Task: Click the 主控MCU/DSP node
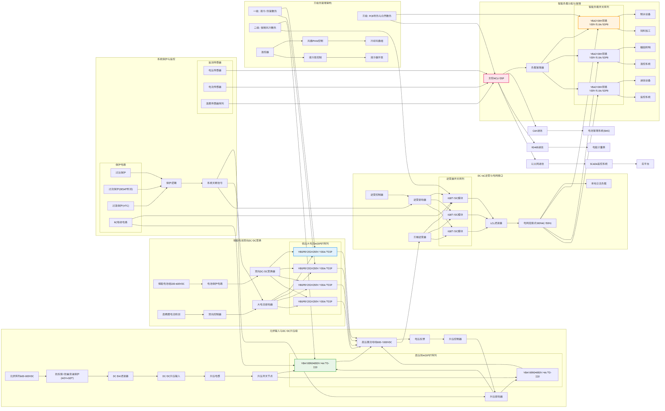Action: (x=496, y=78)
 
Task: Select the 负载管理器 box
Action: (x=537, y=68)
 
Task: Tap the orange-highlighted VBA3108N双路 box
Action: (x=598, y=22)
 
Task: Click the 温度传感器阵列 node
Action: (x=215, y=104)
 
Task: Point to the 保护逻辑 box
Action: (x=171, y=183)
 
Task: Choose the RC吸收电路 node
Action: (x=120, y=222)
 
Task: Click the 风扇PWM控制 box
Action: (x=315, y=41)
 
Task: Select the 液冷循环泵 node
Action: (x=377, y=58)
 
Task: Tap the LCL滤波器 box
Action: (x=496, y=223)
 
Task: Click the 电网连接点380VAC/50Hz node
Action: (x=537, y=223)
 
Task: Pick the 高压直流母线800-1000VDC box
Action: (x=377, y=342)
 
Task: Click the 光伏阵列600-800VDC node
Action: (x=22, y=376)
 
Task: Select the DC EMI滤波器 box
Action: (x=120, y=376)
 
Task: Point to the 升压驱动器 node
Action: (x=496, y=397)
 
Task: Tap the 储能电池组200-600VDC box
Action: (x=171, y=284)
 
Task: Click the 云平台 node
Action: (x=645, y=164)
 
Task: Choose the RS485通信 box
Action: (x=537, y=147)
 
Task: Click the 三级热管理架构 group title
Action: (x=322, y=3)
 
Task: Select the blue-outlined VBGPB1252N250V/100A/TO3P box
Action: (x=315, y=252)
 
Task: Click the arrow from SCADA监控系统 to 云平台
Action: (x=624, y=164)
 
